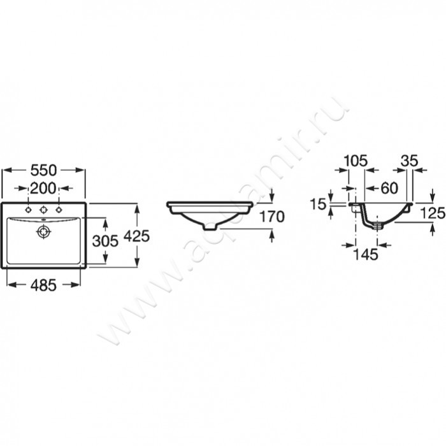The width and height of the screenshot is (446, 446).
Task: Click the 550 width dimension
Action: (43, 170)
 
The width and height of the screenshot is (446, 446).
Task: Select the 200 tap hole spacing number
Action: (43, 189)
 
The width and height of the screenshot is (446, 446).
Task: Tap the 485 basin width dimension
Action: (43, 285)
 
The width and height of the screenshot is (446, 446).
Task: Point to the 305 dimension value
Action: (105, 241)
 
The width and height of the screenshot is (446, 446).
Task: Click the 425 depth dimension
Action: (137, 236)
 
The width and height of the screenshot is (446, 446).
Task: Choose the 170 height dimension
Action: (272, 217)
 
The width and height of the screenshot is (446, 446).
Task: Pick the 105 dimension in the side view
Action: (356, 161)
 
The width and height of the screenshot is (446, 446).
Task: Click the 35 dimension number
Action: (409, 161)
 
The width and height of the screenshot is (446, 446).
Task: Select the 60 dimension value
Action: (389, 188)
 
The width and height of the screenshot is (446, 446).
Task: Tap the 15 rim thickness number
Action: (317, 204)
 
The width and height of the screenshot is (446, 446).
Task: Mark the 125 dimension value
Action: (433, 213)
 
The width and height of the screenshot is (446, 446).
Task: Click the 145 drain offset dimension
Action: (366, 254)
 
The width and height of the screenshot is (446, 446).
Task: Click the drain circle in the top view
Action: (43, 231)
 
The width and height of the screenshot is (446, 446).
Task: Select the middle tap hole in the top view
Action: (43, 210)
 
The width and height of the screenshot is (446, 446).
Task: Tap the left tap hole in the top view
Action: (28, 210)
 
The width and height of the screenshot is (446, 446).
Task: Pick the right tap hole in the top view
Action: (59, 210)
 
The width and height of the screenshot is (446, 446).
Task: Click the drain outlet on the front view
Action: (210, 226)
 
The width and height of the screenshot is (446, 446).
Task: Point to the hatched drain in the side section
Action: (377, 226)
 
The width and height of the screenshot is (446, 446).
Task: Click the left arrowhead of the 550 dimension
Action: (7, 170)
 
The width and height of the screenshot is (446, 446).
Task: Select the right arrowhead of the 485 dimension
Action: (75, 285)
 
